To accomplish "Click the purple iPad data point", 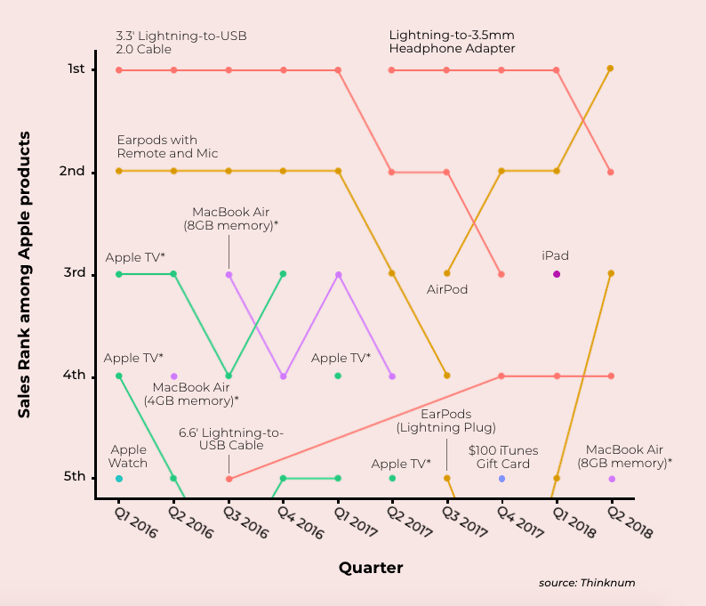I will [557, 274].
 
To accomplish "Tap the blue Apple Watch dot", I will [119, 479].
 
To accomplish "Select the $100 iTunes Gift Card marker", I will [501, 479].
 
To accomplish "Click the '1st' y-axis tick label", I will [76, 69].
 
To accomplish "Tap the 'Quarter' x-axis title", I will [371, 568].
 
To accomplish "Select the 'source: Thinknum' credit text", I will [587, 583].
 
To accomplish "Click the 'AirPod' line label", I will [447, 289].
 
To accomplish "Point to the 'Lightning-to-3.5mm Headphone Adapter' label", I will [452, 42].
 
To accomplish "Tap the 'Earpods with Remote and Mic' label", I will [157, 147].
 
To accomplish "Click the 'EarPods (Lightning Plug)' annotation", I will [445, 421].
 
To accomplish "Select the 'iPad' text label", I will [555, 256].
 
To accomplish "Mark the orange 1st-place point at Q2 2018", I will [611, 68].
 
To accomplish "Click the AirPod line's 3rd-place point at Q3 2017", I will [447, 273].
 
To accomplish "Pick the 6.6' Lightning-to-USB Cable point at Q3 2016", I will [229, 479].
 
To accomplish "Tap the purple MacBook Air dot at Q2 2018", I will [612, 479].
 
